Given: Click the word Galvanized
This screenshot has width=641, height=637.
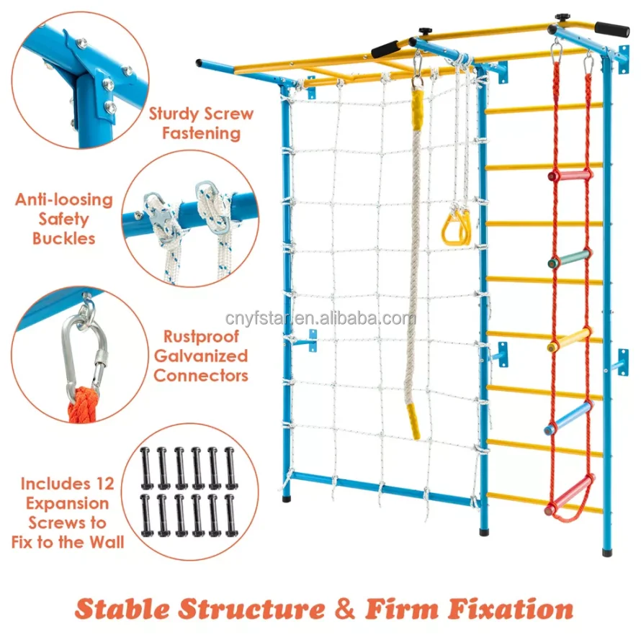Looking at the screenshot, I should [200, 356].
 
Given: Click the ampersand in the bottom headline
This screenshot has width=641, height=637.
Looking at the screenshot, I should [346, 608].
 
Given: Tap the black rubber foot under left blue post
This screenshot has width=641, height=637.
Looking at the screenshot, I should [287, 497].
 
